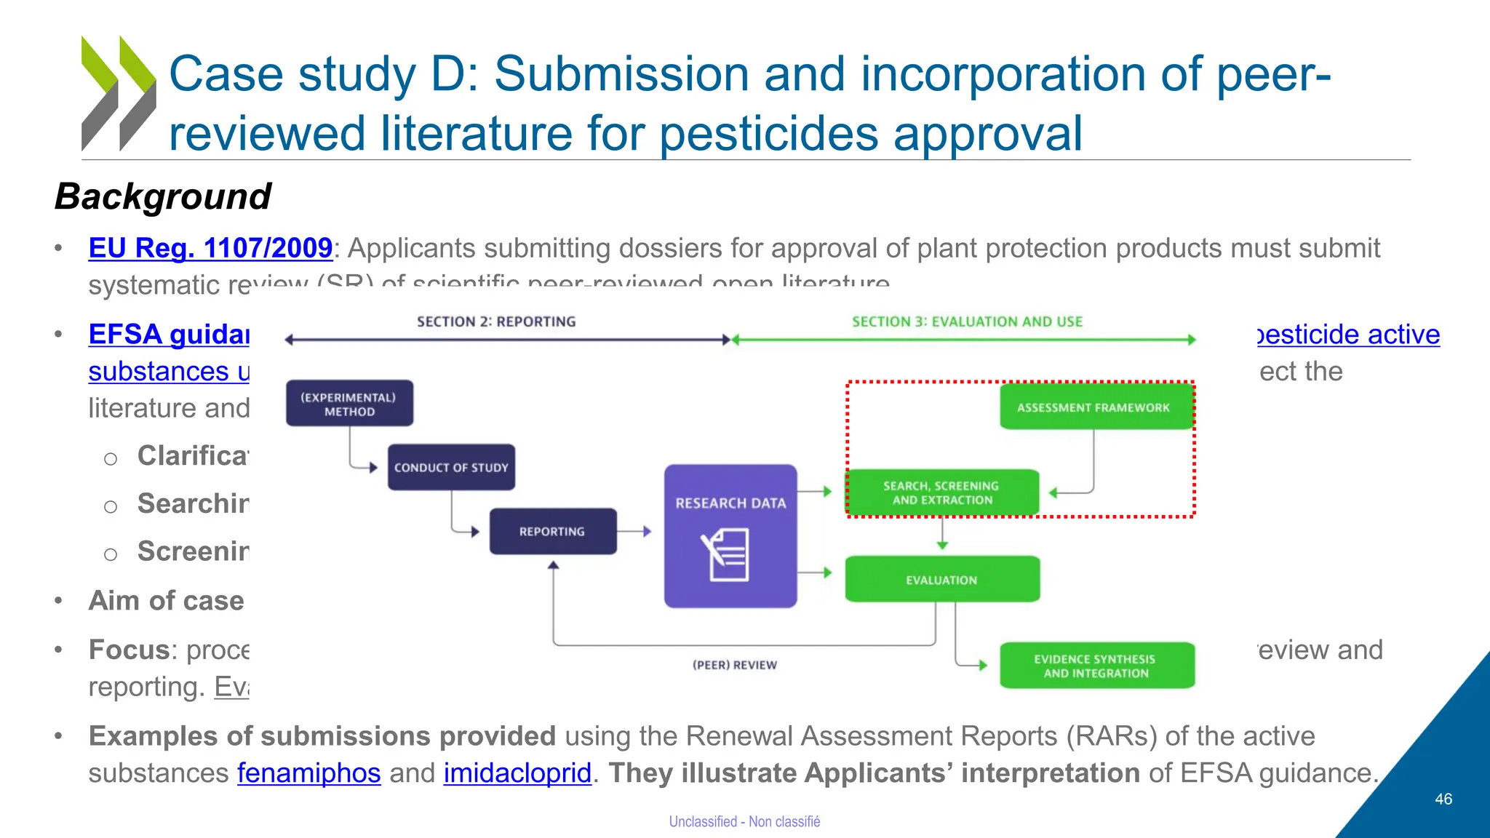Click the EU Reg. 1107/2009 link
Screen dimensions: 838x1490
pos(210,249)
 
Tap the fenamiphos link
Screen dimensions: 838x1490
pos(308,773)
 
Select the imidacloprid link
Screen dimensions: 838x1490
pos(517,773)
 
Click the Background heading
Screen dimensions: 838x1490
pos(163,196)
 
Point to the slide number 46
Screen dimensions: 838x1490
pos(1443,799)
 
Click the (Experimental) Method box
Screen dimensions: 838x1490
pos(349,404)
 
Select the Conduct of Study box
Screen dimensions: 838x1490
pos(451,468)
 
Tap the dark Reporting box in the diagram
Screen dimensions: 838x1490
pos(552,532)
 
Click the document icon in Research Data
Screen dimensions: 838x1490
pos(725,555)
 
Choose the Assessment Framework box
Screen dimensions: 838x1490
pos(1093,407)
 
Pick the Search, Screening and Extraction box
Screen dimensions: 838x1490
pos(941,492)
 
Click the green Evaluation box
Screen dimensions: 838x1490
pos(941,580)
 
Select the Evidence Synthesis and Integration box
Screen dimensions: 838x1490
pos(1096,666)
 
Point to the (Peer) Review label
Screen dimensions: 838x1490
pos(734,665)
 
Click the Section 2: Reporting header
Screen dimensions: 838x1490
pos(496,322)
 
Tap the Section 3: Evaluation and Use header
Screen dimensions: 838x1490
pos(967,322)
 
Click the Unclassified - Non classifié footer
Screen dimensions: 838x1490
pos(744,821)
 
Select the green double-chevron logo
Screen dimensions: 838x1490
pos(118,93)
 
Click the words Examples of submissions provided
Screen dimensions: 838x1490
pos(322,736)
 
